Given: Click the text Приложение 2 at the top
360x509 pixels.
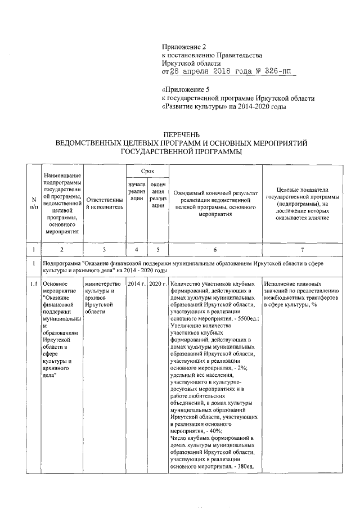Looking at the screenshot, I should pos(181,48).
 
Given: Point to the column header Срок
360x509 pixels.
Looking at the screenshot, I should pos(147,170).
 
